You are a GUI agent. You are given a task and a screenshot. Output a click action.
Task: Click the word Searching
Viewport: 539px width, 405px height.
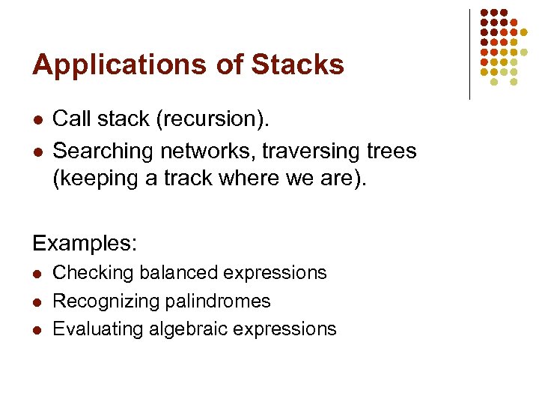point(103,151)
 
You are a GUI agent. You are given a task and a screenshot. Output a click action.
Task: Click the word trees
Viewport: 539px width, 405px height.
point(392,151)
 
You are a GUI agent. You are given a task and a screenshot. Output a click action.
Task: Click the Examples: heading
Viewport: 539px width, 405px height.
point(83,243)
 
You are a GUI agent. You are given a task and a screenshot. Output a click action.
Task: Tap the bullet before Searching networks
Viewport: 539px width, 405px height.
point(37,151)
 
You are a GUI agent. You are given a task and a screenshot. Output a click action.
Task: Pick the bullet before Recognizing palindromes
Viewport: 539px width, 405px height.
point(37,301)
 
